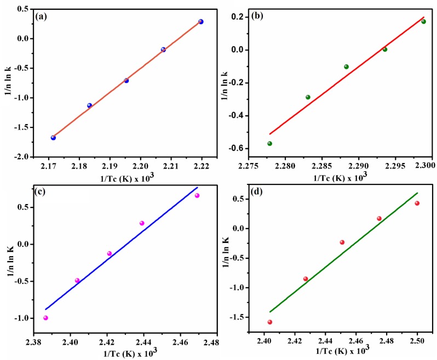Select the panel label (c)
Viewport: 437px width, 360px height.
(x=41, y=192)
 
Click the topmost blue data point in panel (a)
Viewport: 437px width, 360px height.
(x=201, y=22)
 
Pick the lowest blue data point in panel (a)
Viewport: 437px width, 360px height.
(x=53, y=138)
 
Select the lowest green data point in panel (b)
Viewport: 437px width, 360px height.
(x=269, y=143)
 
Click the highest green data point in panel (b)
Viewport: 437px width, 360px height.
(x=423, y=21)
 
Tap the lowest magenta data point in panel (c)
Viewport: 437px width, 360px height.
(x=45, y=318)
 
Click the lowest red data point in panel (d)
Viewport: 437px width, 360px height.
(x=269, y=322)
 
